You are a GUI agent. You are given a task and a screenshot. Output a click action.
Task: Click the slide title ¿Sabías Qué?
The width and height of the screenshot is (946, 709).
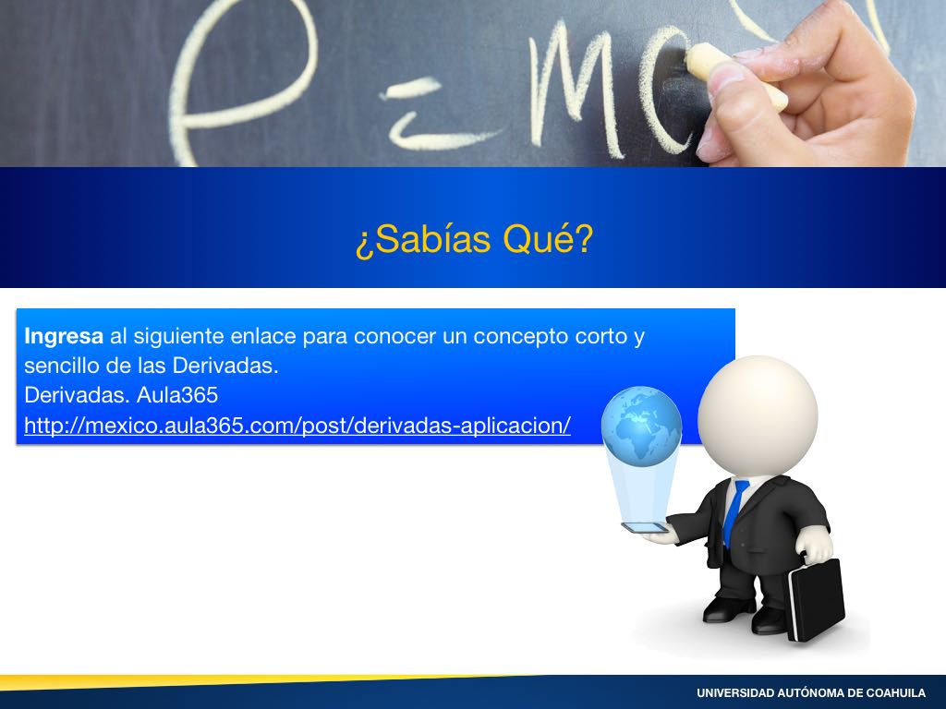coord(474,240)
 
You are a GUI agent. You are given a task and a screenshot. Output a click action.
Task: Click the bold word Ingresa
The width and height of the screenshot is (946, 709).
coord(64,336)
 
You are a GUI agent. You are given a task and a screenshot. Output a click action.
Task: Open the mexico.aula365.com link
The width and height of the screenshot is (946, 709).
coord(297,426)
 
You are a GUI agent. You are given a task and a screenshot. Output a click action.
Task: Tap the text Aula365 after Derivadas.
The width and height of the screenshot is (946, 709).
coord(177,395)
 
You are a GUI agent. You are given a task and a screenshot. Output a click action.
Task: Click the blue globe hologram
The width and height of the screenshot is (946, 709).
coord(642,427)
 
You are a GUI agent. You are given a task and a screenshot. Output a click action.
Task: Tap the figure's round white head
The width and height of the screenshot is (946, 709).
coord(758,415)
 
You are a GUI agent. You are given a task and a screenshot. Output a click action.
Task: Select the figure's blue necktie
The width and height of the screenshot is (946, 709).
coord(735,512)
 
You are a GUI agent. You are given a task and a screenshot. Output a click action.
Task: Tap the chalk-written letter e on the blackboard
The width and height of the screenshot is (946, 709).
coord(241,78)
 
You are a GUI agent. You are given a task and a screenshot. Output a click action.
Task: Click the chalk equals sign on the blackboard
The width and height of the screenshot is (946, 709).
coord(434,114)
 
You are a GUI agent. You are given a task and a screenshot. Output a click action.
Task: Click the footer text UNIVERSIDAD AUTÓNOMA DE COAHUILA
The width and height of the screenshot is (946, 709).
coord(811,692)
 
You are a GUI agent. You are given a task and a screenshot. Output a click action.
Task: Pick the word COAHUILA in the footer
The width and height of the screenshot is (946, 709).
coord(896,692)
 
